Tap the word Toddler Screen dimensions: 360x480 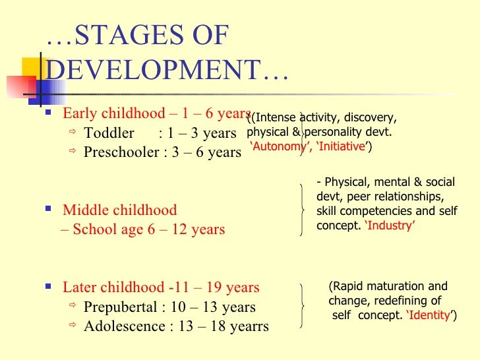pos(109,133)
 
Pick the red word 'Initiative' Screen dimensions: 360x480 pos(342,147)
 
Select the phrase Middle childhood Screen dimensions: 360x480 pos(119,210)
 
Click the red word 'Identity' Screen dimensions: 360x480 pos(429,315)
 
